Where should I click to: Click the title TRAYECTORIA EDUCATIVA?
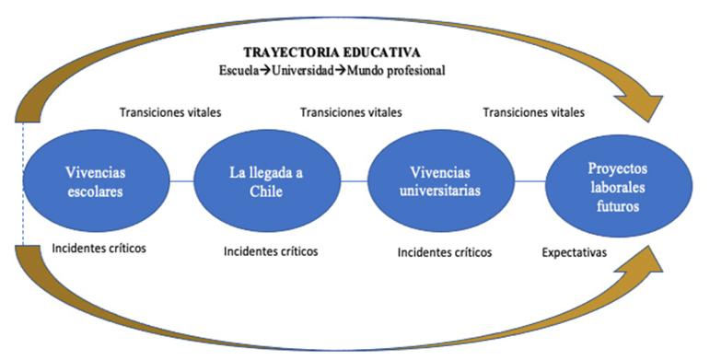click(x=332, y=52)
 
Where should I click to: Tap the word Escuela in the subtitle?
click(x=239, y=71)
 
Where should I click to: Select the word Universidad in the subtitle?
click(x=302, y=71)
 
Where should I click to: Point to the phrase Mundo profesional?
click(x=396, y=71)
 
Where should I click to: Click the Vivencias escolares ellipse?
click(x=96, y=181)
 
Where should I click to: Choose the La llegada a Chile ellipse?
click(x=267, y=181)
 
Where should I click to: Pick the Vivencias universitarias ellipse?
click(x=440, y=181)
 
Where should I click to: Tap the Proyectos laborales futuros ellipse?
click(x=618, y=186)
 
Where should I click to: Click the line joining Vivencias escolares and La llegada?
click(x=182, y=181)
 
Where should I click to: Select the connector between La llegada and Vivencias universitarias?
click(x=355, y=181)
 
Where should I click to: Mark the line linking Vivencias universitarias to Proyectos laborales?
click(x=530, y=181)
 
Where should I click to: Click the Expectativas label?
click(x=574, y=252)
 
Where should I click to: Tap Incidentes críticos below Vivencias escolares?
click(x=99, y=249)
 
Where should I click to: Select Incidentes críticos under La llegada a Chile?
click(x=271, y=250)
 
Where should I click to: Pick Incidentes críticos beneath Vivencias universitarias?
click(x=445, y=252)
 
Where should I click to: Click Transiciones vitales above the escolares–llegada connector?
click(x=170, y=111)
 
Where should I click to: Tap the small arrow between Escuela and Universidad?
click(x=265, y=71)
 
